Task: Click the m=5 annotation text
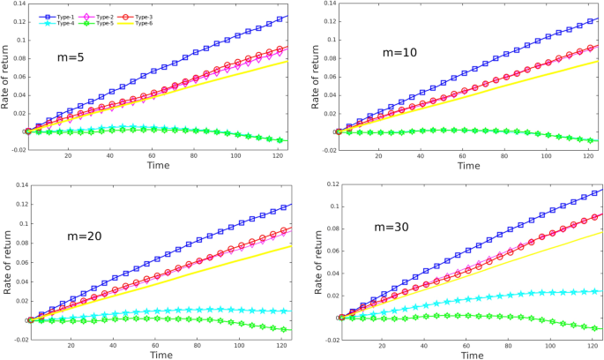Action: [72, 58]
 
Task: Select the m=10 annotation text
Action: [399, 53]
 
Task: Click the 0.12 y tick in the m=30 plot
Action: [324, 184]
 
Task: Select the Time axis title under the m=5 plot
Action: [159, 165]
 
